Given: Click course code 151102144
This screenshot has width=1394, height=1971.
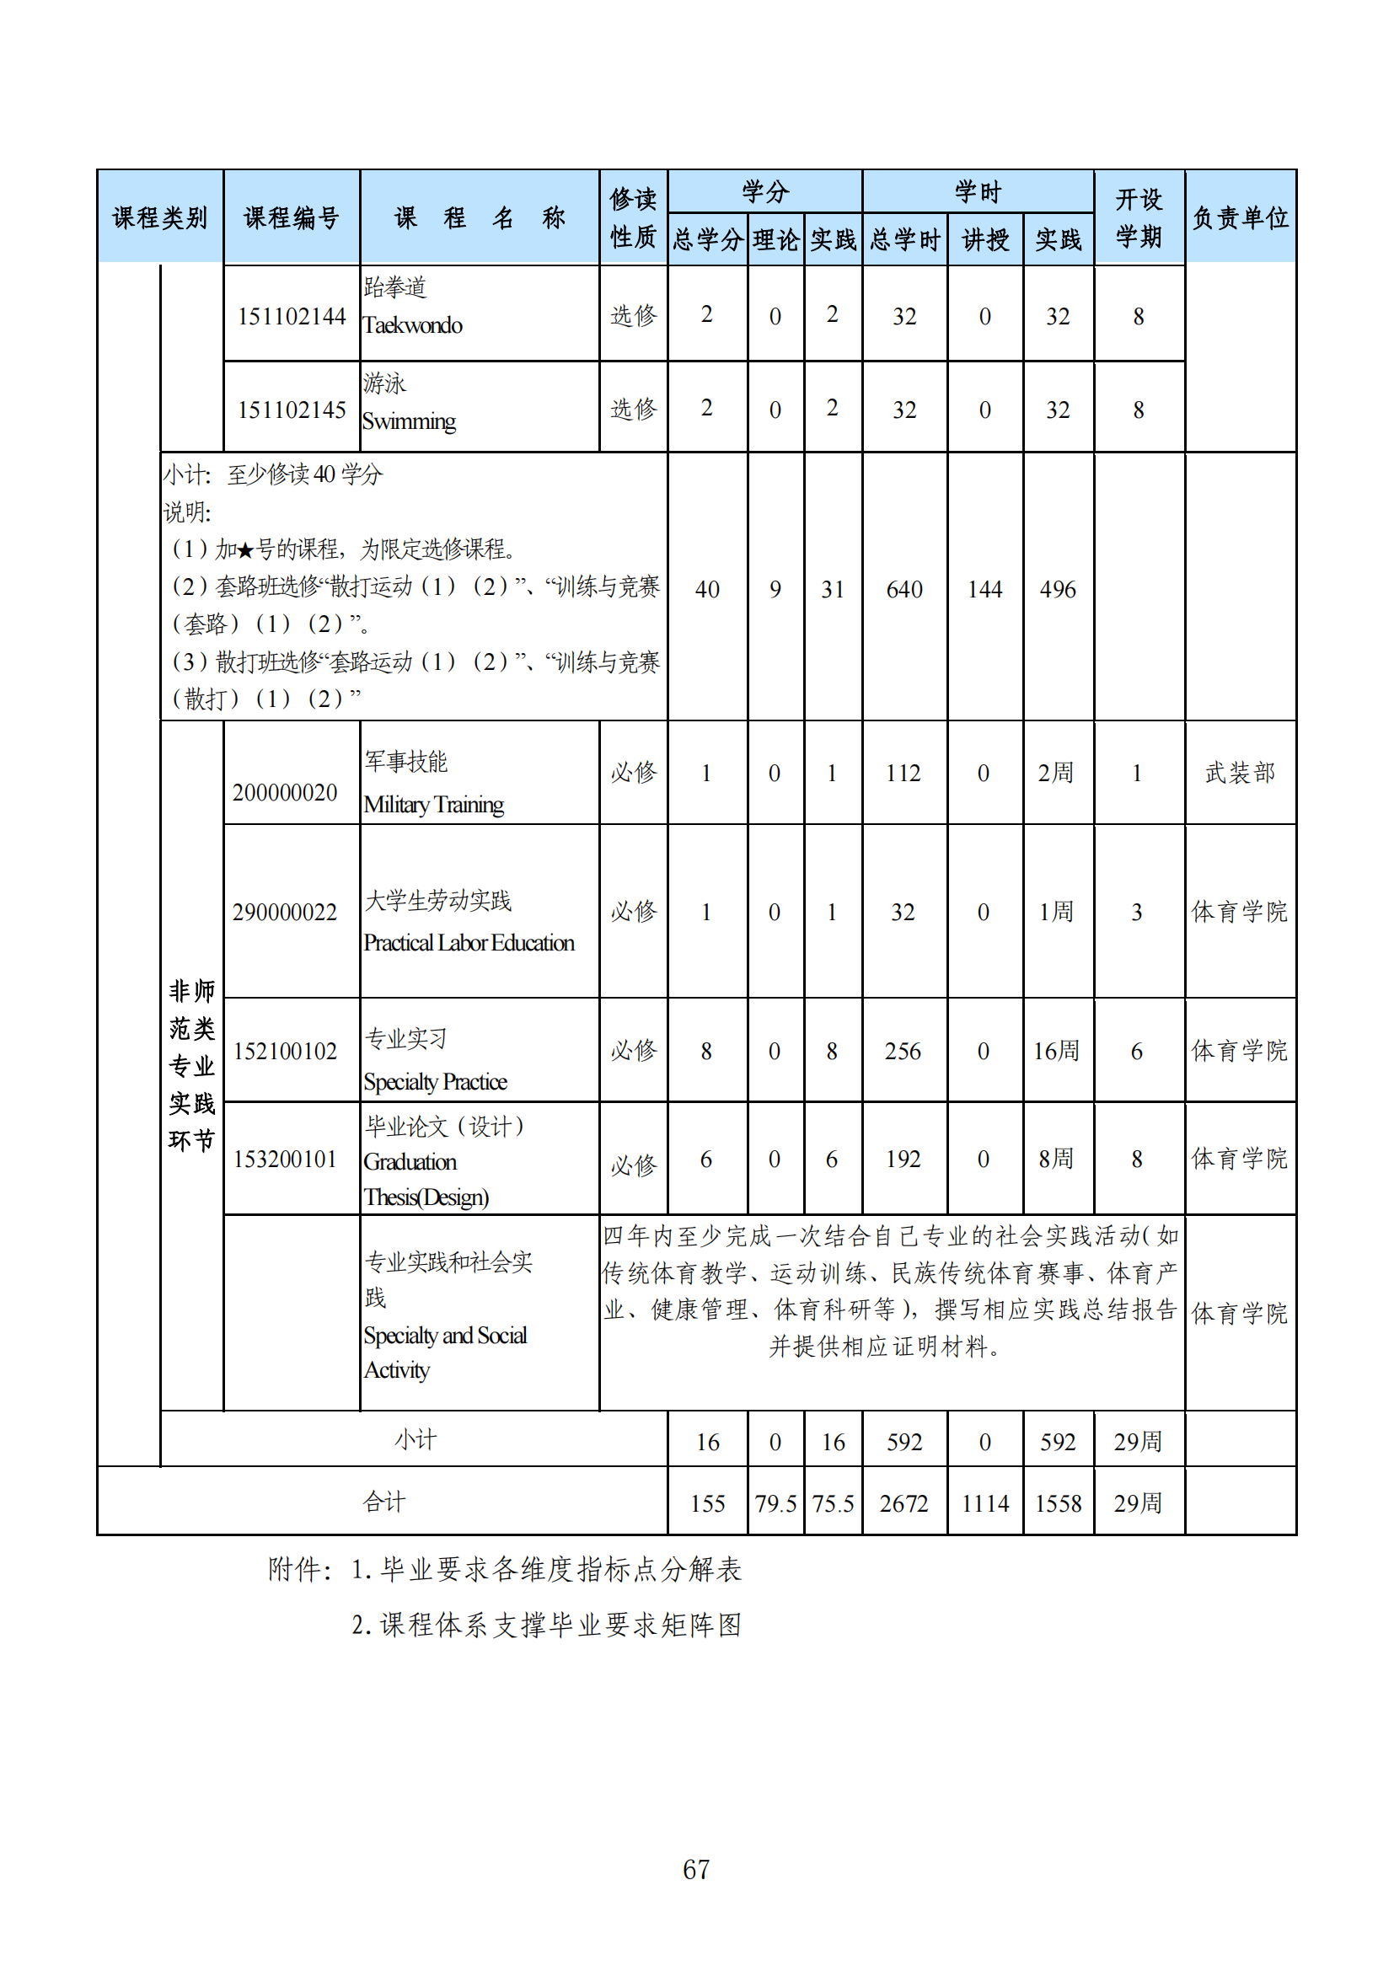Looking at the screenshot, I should (291, 317).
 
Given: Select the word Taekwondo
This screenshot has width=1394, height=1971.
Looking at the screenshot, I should (413, 325).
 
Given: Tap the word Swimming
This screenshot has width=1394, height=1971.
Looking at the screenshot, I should (410, 421).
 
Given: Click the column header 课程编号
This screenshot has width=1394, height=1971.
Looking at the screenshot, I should (291, 218).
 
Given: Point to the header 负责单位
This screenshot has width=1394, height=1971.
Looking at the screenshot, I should (1240, 218).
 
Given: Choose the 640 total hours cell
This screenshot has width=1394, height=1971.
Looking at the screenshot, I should (903, 590).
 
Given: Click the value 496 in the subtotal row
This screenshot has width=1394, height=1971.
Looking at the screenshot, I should (1058, 590).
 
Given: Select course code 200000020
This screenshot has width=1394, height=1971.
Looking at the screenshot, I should (285, 792).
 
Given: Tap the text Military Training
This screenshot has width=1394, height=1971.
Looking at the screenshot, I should (433, 805).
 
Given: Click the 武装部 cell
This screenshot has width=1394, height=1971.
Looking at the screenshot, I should (1240, 773).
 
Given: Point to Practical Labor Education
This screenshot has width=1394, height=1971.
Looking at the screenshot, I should (469, 943).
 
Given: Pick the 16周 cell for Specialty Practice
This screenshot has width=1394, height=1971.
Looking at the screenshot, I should (1056, 1051).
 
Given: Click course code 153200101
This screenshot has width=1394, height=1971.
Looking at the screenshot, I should (285, 1159).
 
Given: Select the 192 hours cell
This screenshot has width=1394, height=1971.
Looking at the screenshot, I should (903, 1159).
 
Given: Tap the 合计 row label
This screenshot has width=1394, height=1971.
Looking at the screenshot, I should (383, 1502).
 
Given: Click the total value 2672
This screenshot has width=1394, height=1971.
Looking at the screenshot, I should (903, 1503).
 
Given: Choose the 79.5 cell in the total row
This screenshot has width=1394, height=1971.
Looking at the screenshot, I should (775, 1503).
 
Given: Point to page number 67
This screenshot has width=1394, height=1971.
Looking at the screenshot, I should (696, 1869).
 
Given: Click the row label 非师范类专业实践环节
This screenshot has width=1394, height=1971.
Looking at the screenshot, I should (191, 1065).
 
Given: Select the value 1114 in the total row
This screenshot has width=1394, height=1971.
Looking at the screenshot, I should (984, 1503).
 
